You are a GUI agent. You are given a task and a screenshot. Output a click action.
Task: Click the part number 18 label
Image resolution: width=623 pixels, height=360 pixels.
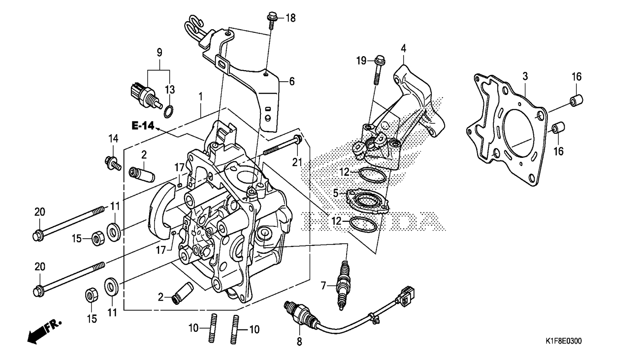(290, 18)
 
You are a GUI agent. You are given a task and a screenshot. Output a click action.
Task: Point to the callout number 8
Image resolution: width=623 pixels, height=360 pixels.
(299, 341)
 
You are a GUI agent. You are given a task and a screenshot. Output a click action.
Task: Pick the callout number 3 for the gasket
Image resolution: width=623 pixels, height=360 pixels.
(525, 76)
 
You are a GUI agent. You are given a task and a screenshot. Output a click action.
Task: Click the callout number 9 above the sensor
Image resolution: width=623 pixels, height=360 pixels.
(159, 52)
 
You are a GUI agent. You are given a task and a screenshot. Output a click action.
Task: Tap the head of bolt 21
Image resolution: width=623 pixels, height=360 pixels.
(297, 139)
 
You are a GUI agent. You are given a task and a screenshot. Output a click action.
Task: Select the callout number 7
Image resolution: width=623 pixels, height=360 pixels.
(323, 286)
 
